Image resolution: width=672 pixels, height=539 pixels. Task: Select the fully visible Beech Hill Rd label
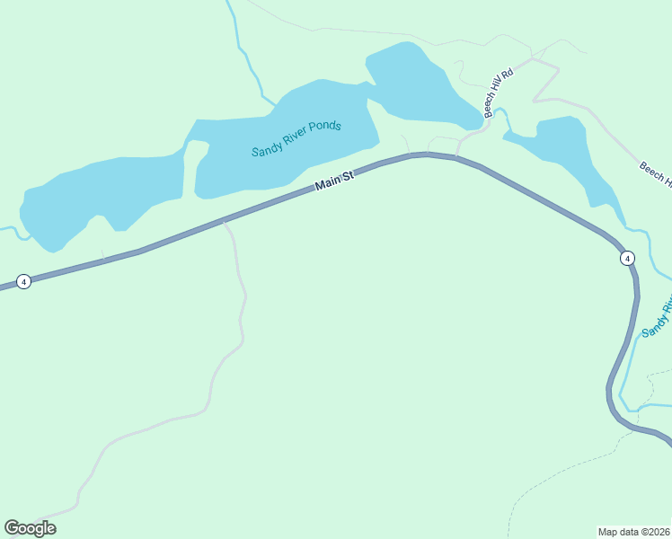[499, 91]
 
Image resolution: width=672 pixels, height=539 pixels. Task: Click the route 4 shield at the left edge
[24, 281]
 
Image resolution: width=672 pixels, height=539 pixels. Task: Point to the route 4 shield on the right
[627, 258]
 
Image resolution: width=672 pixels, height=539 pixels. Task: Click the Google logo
[30, 528]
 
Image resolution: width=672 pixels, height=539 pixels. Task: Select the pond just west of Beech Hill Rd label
[422, 85]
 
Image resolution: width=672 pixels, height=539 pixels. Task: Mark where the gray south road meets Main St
[225, 222]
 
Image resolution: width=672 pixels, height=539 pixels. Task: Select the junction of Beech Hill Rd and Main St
[456, 157]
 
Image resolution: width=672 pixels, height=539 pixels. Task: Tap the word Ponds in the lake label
[323, 127]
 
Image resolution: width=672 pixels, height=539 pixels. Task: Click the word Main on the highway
[327, 185]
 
